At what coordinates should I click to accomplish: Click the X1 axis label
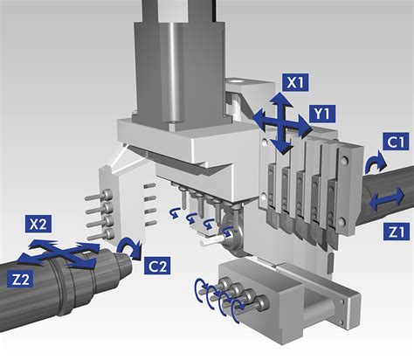tap(294, 84)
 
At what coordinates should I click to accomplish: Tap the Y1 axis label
tap(324, 114)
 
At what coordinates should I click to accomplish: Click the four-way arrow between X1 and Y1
tap(281, 125)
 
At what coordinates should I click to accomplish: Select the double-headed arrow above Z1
tap(385, 202)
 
